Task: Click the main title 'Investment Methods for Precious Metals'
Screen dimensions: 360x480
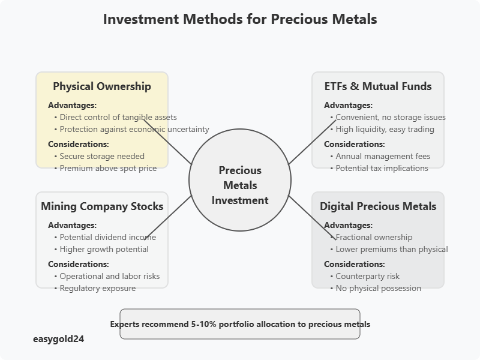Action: pos(240,19)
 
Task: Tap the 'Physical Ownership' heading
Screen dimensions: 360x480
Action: pos(102,86)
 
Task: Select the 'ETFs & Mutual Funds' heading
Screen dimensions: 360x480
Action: pos(378,86)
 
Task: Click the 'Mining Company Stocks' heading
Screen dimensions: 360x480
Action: pos(102,206)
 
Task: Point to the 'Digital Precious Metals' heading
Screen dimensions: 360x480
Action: pos(378,206)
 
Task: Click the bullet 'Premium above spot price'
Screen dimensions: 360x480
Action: pos(108,168)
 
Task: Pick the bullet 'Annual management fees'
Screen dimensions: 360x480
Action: pos(383,156)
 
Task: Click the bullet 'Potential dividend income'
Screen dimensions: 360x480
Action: pos(108,237)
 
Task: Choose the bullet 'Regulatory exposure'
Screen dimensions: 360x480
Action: pos(98,288)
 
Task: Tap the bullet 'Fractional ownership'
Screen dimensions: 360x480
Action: pos(374,237)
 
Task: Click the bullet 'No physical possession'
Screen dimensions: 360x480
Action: pos(378,288)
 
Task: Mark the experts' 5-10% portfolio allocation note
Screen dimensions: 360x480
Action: pos(240,324)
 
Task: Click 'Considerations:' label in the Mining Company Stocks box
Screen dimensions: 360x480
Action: pos(78,264)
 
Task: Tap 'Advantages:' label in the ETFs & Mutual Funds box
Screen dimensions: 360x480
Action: pos(348,105)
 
